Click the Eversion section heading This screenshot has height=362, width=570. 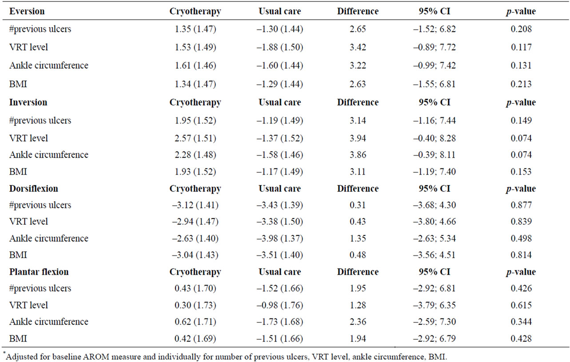point(27,12)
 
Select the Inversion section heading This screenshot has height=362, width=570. point(28,102)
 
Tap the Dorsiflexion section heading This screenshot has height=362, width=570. point(34,188)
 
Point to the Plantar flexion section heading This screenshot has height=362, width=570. point(39,272)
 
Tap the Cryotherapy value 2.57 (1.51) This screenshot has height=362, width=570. point(195,138)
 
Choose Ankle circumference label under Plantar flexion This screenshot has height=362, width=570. point(49,322)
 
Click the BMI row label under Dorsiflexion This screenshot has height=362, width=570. point(18,255)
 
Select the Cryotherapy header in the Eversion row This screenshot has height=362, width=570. point(195,12)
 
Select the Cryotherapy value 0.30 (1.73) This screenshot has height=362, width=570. point(195,305)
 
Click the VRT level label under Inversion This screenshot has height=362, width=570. point(29,138)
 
